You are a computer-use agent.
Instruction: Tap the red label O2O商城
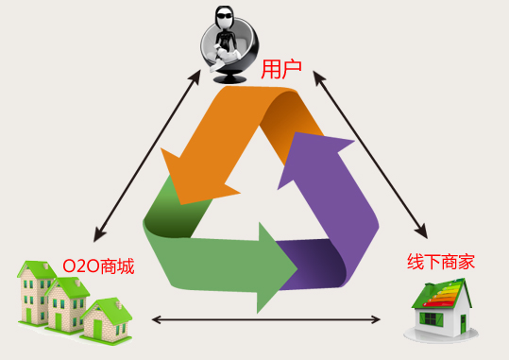tap(98, 266)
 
